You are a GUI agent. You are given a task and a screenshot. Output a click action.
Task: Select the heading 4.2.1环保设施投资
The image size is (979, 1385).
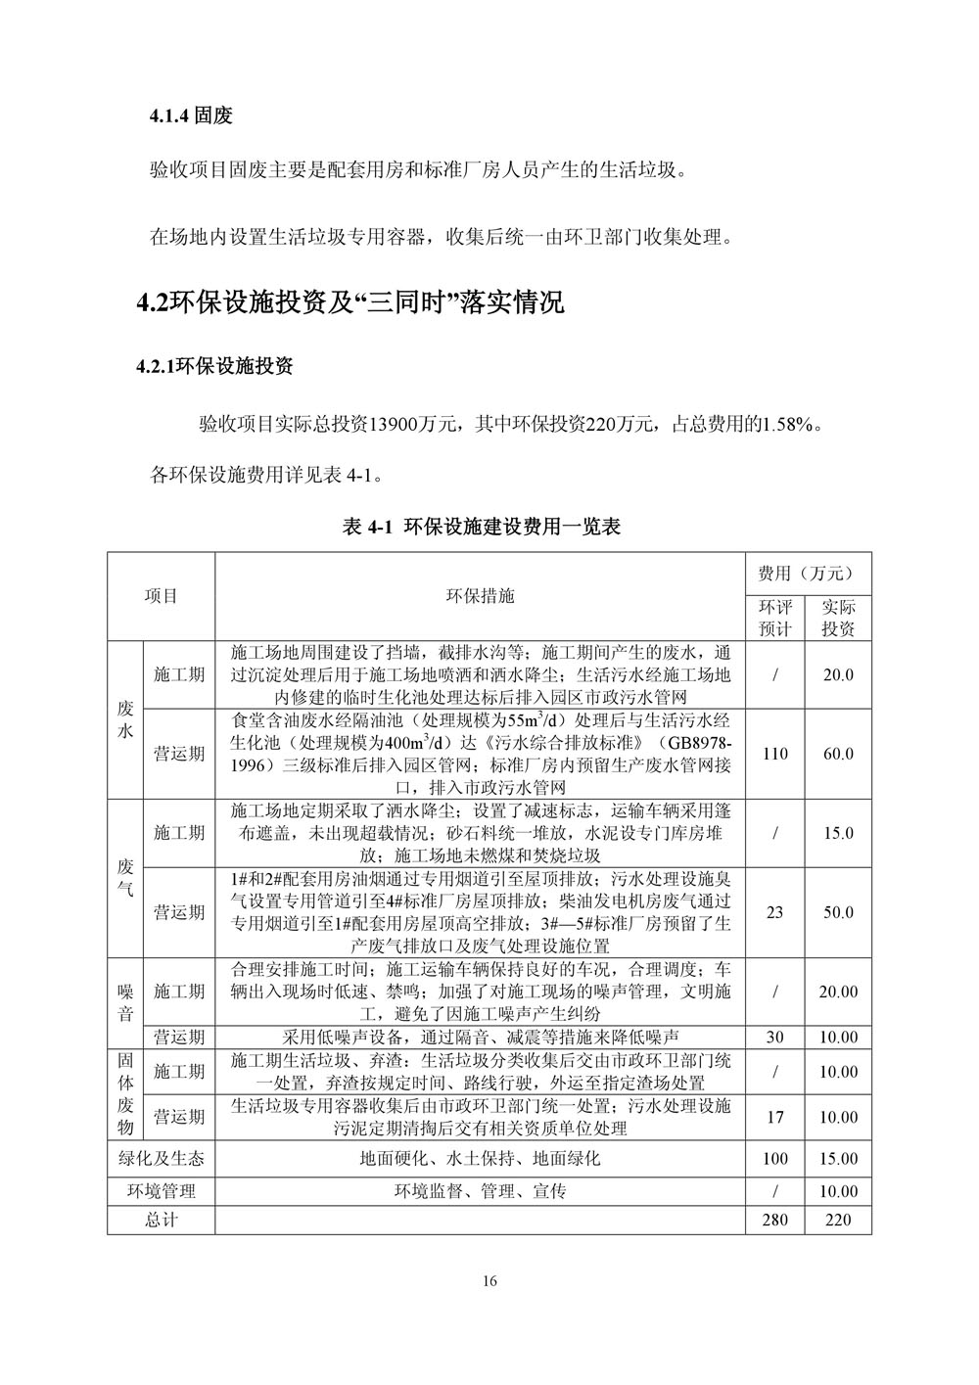click(214, 367)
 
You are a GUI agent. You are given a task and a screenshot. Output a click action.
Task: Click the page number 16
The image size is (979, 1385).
click(489, 1282)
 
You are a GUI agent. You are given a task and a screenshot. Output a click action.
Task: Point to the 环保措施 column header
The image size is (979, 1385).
click(480, 596)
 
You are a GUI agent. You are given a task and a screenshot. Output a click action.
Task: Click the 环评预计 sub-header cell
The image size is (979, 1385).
click(774, 618)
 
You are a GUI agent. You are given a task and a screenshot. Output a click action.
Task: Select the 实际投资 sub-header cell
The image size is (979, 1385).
click(838, 618)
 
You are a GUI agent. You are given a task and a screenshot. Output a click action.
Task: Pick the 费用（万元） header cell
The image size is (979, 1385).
click(806, 573)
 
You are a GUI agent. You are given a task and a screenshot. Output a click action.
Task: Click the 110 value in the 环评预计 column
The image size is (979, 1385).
click(774, 754)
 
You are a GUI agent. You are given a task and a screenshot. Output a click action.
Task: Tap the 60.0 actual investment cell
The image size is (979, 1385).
click(838, 754)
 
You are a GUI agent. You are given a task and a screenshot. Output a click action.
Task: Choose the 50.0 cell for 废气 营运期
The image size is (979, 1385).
click(838, 912)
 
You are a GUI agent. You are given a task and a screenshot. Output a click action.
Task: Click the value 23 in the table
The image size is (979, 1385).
click(774, 912)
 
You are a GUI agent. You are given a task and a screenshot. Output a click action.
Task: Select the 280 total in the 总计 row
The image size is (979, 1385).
click(774, 1220)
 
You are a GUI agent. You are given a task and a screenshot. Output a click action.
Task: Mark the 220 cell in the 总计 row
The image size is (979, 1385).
click(838, 1220)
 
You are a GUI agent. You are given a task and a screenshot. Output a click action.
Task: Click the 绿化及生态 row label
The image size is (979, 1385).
click(162, 1159)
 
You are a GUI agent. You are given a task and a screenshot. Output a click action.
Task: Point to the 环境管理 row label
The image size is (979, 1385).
click(162, 1191)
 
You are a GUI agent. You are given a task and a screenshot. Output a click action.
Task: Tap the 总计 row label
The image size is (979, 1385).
click(162, 1220)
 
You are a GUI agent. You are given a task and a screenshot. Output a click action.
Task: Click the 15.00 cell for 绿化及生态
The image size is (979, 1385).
click(838, 1159)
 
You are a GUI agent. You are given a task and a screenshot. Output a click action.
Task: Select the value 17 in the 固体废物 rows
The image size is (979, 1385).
click(774, 1117)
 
